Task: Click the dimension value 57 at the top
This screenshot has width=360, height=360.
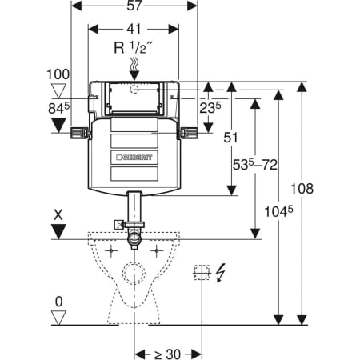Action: [134, 6]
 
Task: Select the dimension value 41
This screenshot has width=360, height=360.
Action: [134, 29]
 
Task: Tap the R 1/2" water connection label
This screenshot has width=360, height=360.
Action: [134, 48]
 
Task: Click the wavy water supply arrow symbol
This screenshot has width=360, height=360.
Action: [134, 69]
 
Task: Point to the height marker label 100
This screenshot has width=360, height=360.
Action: [58, 74]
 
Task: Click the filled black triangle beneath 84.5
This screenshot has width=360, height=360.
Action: [58, 125]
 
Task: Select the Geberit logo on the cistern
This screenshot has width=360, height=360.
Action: [134, 158]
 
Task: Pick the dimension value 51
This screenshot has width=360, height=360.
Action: [230, 138]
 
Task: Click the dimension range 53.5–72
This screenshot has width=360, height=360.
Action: [255, 165]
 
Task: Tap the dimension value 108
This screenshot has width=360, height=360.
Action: [302, 189]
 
